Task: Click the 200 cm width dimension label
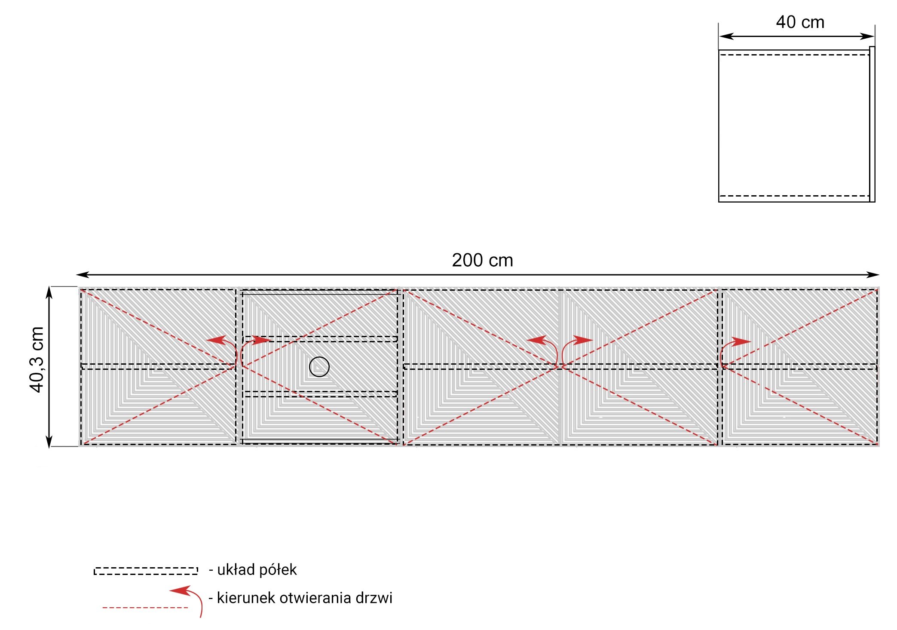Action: click(x=482, y=260)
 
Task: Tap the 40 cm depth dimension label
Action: click(x=800, y=22)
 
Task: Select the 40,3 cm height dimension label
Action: click(x=37, y=360)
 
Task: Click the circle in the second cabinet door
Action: click(x=319, y=367)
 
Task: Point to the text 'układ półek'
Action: click(x=257, y=570)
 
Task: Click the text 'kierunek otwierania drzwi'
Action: click(x=305, y=598)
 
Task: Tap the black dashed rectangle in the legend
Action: click(x=146, y=571)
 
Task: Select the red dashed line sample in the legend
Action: click(x=145, y=608)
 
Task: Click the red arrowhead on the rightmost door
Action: click(x=741, y=342)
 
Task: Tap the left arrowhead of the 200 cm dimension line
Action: click(x=82, y=274)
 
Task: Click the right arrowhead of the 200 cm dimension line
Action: click(x=873, y=274)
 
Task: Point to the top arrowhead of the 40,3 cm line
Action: click(x=49, y=292)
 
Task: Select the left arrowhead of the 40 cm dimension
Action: click(x=726, y=37)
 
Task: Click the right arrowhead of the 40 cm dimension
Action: click(x=867, y=37)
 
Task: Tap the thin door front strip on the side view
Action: click(x=872, y=124)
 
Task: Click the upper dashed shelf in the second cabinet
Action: click(x=320, y=339)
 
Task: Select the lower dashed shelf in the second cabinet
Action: click(x=320, y=394)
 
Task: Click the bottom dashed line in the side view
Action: click(x=794, y=196)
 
